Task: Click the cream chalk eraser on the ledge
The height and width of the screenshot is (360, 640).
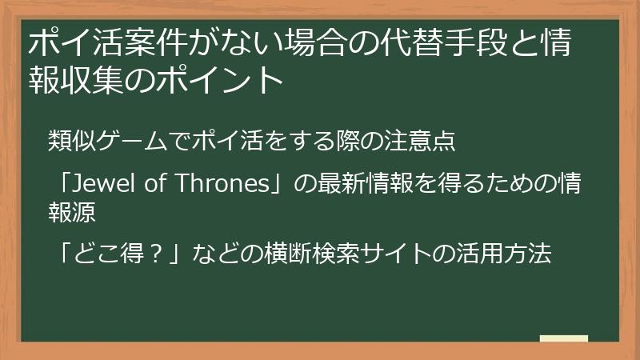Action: (x=563, y=339)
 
